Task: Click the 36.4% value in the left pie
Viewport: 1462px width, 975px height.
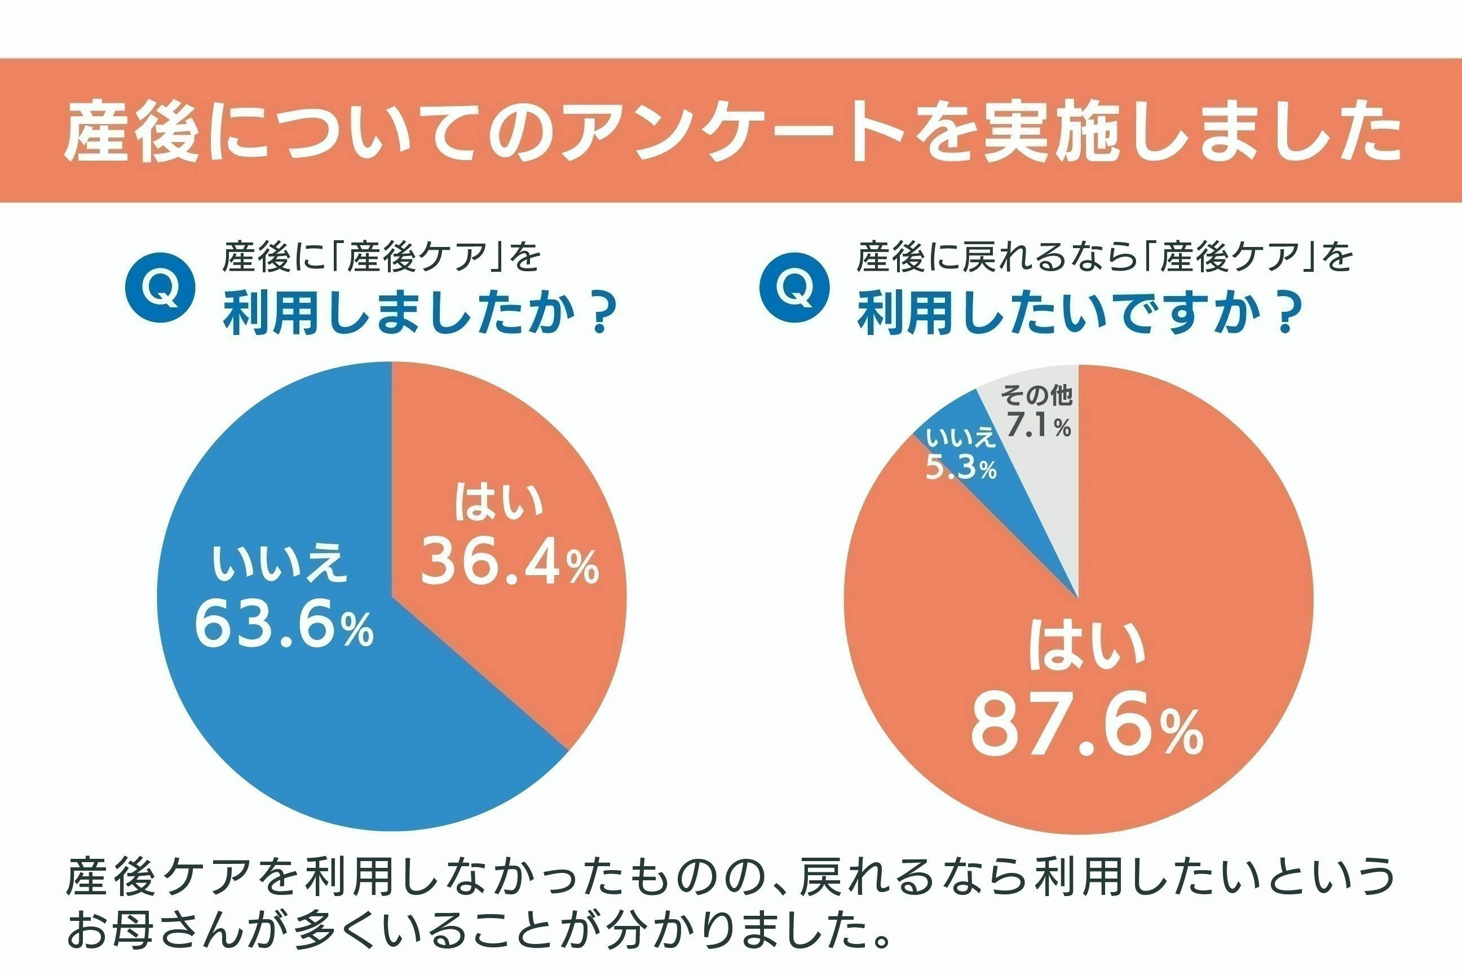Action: (510, 563)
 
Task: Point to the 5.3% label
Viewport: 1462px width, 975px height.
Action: (960, 469)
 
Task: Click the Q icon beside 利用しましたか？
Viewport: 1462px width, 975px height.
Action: (160, 288)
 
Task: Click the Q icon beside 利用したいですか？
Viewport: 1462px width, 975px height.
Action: (794, 288)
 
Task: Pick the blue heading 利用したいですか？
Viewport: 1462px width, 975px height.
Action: (1080, 315)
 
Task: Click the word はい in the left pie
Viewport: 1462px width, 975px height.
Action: (498, 504)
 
